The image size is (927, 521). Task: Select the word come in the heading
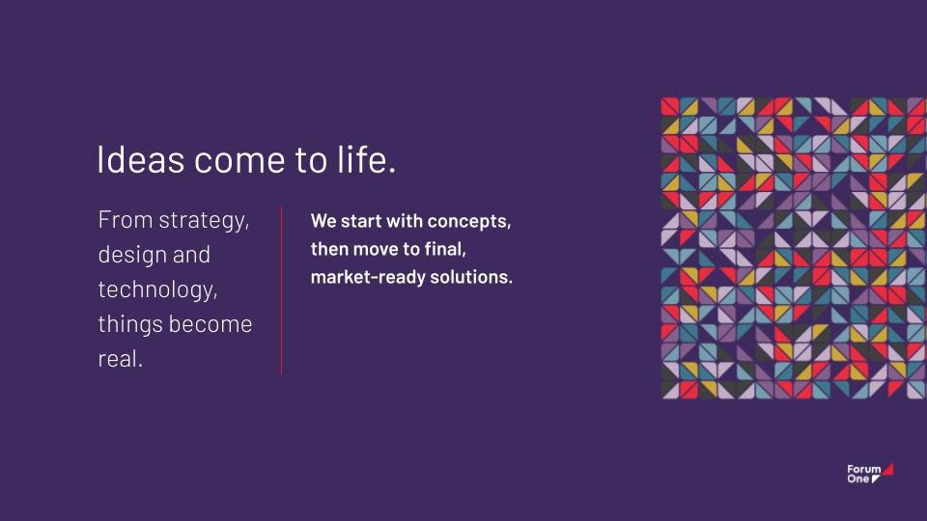tap(239, 161)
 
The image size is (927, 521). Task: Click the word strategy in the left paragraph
tap(204, 221)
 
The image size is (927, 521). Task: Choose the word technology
tap(157, 290)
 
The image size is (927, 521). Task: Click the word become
tap(211, 324)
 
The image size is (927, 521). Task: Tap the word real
tap(120, 358)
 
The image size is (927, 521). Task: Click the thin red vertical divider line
tap(281, 290)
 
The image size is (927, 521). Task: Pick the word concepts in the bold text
tap(469, 222)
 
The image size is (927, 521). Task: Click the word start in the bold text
tap(360, 221)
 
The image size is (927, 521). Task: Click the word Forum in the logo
tap(863, 470)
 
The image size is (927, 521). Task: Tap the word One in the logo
tap(857, 479)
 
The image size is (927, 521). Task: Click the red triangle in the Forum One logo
tap(888, 470)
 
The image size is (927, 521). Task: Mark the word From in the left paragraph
tap(126, 220)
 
